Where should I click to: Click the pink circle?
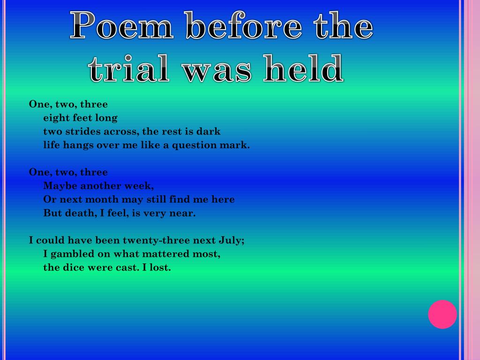(x=442, y=314)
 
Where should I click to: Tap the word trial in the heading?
(x=132, y=69)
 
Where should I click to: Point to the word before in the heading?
(x=243, y=26)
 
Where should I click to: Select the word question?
(x=195, y=145)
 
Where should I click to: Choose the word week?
(x=138, y=186)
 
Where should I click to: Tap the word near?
(x=184, y=213)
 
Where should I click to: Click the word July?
(x=231, y=240)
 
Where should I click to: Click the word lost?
(x=160, y=268)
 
